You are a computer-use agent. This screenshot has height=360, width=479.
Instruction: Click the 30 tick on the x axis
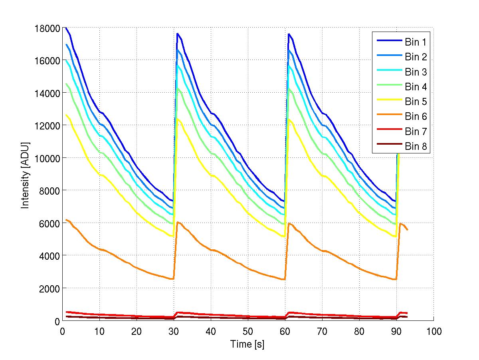[174, 331]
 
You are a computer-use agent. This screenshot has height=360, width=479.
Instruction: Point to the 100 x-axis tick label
[433, 331]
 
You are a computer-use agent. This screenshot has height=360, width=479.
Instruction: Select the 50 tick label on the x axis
[248, 331]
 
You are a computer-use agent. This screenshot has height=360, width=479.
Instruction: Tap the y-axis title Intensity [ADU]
[26, 174]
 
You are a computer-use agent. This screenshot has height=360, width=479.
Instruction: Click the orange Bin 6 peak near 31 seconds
[177, 222]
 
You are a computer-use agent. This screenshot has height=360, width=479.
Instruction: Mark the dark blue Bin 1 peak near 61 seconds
[289, 34]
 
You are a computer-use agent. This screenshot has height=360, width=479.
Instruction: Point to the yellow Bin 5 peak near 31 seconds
[177, 118]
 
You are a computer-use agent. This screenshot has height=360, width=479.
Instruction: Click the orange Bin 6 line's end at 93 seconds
[408, 230]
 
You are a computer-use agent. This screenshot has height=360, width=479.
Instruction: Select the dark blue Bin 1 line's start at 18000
[66, 28]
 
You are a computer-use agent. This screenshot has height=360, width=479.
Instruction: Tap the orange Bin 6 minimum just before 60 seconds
[284, 279]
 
